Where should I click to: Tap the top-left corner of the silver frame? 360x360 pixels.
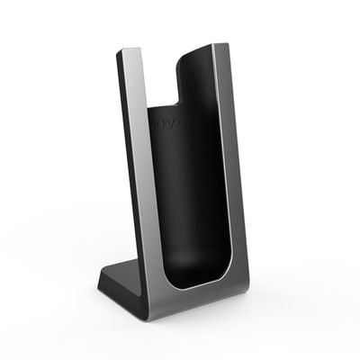[x=120, y=51]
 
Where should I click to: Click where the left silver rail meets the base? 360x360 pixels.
[x=160, y=284]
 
